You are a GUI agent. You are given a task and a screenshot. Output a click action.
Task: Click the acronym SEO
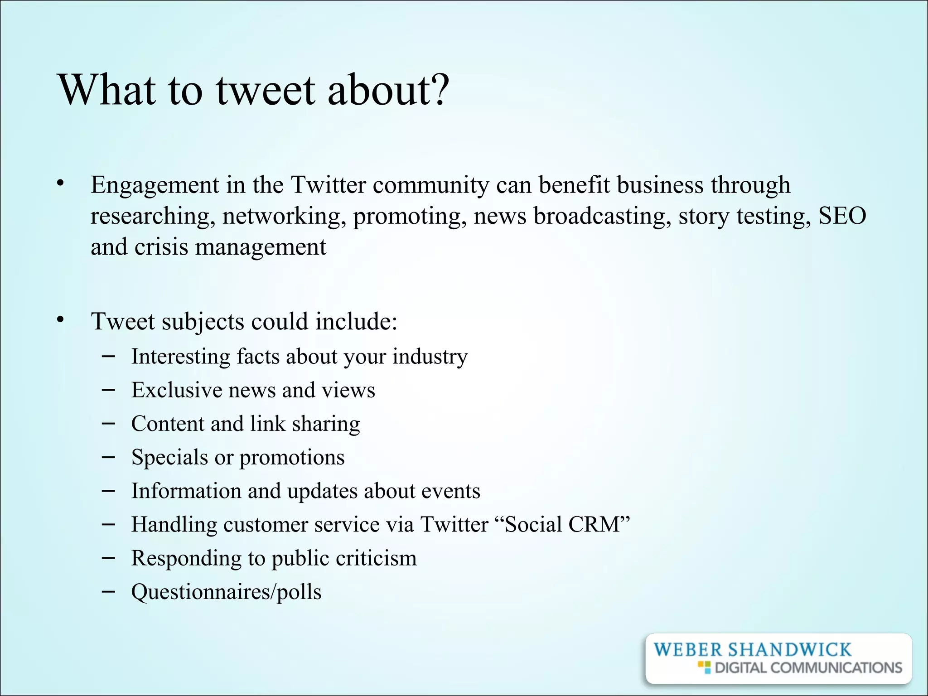coord(842,216)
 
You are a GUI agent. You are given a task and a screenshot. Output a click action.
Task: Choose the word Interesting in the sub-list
coord(180,356)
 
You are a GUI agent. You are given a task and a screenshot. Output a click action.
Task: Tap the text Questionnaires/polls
coord(226,592)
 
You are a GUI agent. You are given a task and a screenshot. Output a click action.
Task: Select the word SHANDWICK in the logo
coord(789,650)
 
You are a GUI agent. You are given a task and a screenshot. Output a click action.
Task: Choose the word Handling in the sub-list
coord(174,524)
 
